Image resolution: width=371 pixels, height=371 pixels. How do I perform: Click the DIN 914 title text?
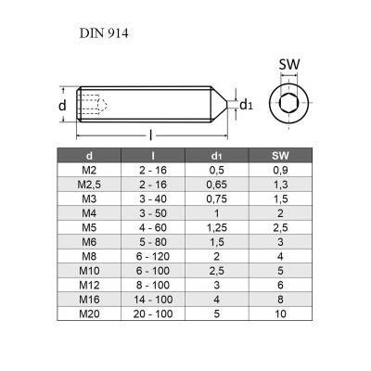pos(104,33)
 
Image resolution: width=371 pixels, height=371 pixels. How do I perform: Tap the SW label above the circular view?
pos(289,64)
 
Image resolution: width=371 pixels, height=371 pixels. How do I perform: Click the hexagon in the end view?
pos(288,102)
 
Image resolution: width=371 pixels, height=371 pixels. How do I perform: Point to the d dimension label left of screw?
pos(62,106)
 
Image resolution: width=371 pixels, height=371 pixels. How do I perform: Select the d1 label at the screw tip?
pos(247,105)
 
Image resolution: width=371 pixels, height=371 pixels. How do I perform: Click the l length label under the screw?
pos(151,135)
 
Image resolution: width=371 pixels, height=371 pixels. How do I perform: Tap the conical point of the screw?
pos(220,105)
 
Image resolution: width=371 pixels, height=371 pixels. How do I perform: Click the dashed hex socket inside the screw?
pos(92,104)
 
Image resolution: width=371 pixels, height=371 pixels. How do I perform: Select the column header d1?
pos(217,156)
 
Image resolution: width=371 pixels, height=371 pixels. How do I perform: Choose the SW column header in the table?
pos(280,156)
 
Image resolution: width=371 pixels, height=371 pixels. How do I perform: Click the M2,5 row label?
pos(89,185)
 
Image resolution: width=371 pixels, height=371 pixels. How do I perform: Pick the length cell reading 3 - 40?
pos(153,198)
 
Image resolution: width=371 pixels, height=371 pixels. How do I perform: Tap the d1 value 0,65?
pos(216,185)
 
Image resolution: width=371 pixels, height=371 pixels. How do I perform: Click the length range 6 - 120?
pos(153,256)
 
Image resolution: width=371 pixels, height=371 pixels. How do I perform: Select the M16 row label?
pos(89,300)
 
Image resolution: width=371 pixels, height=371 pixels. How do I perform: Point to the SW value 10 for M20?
pos(280,313)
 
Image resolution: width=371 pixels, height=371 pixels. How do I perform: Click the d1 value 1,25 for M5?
pos(216,227)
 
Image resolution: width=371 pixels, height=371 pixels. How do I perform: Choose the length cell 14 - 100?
pos(153,300)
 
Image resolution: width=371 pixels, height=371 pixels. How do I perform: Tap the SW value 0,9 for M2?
pos(280,170)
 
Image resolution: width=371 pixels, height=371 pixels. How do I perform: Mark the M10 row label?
pos(89,271)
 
